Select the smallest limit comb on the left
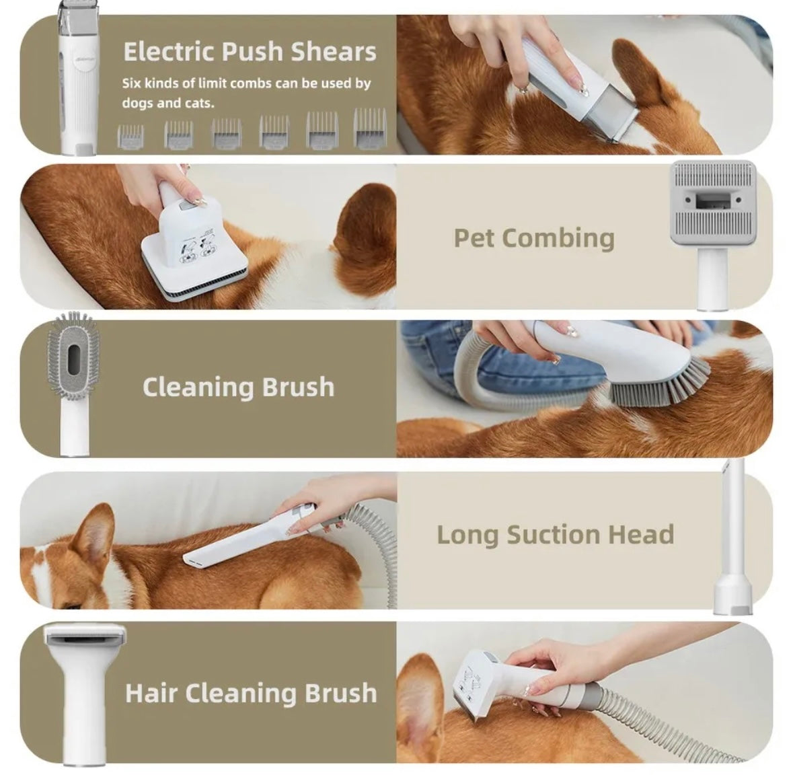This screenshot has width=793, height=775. click(130, 137)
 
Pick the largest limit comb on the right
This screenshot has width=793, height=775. click(370, 128)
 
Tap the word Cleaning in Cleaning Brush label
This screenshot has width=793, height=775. click(198, 387)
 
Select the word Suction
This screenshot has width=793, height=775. click(554, 535)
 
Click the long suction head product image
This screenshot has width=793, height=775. click(732, 536)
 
